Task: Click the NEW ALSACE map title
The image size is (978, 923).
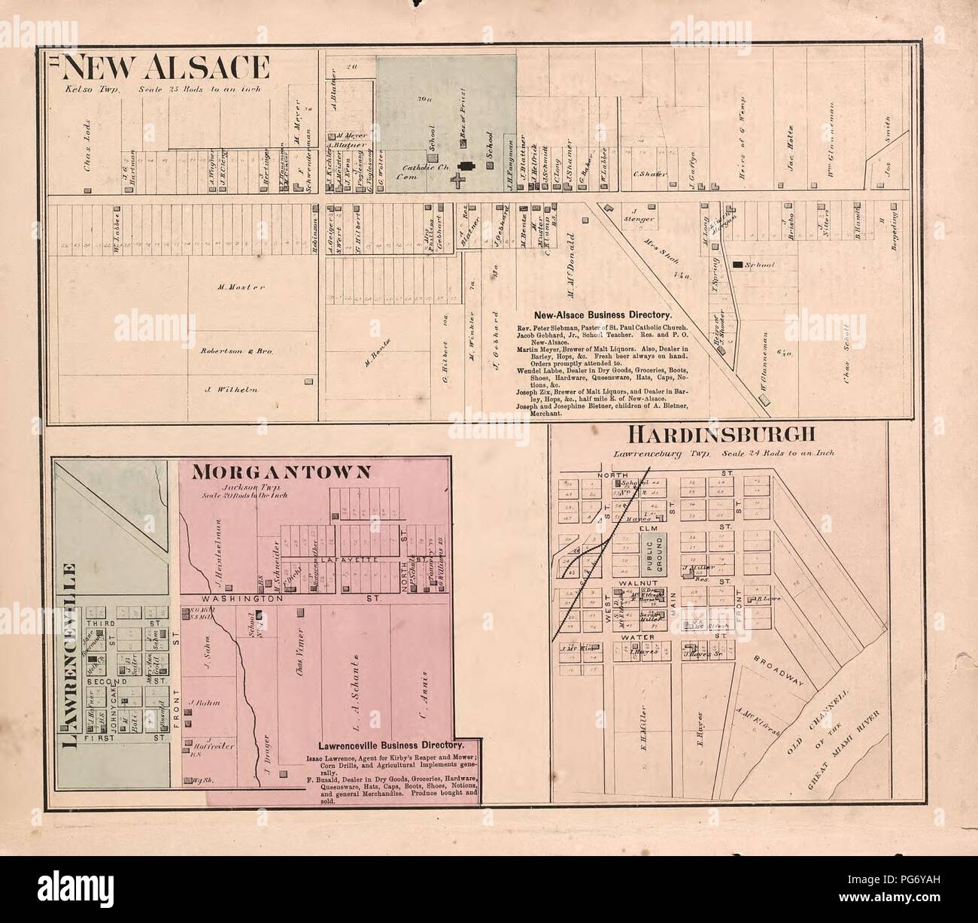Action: pos(166,68)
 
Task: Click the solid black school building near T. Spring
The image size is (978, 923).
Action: pos(738,265)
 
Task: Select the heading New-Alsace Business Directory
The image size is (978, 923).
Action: pos(602,316)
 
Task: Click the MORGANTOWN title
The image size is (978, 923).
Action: pos(282,472)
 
